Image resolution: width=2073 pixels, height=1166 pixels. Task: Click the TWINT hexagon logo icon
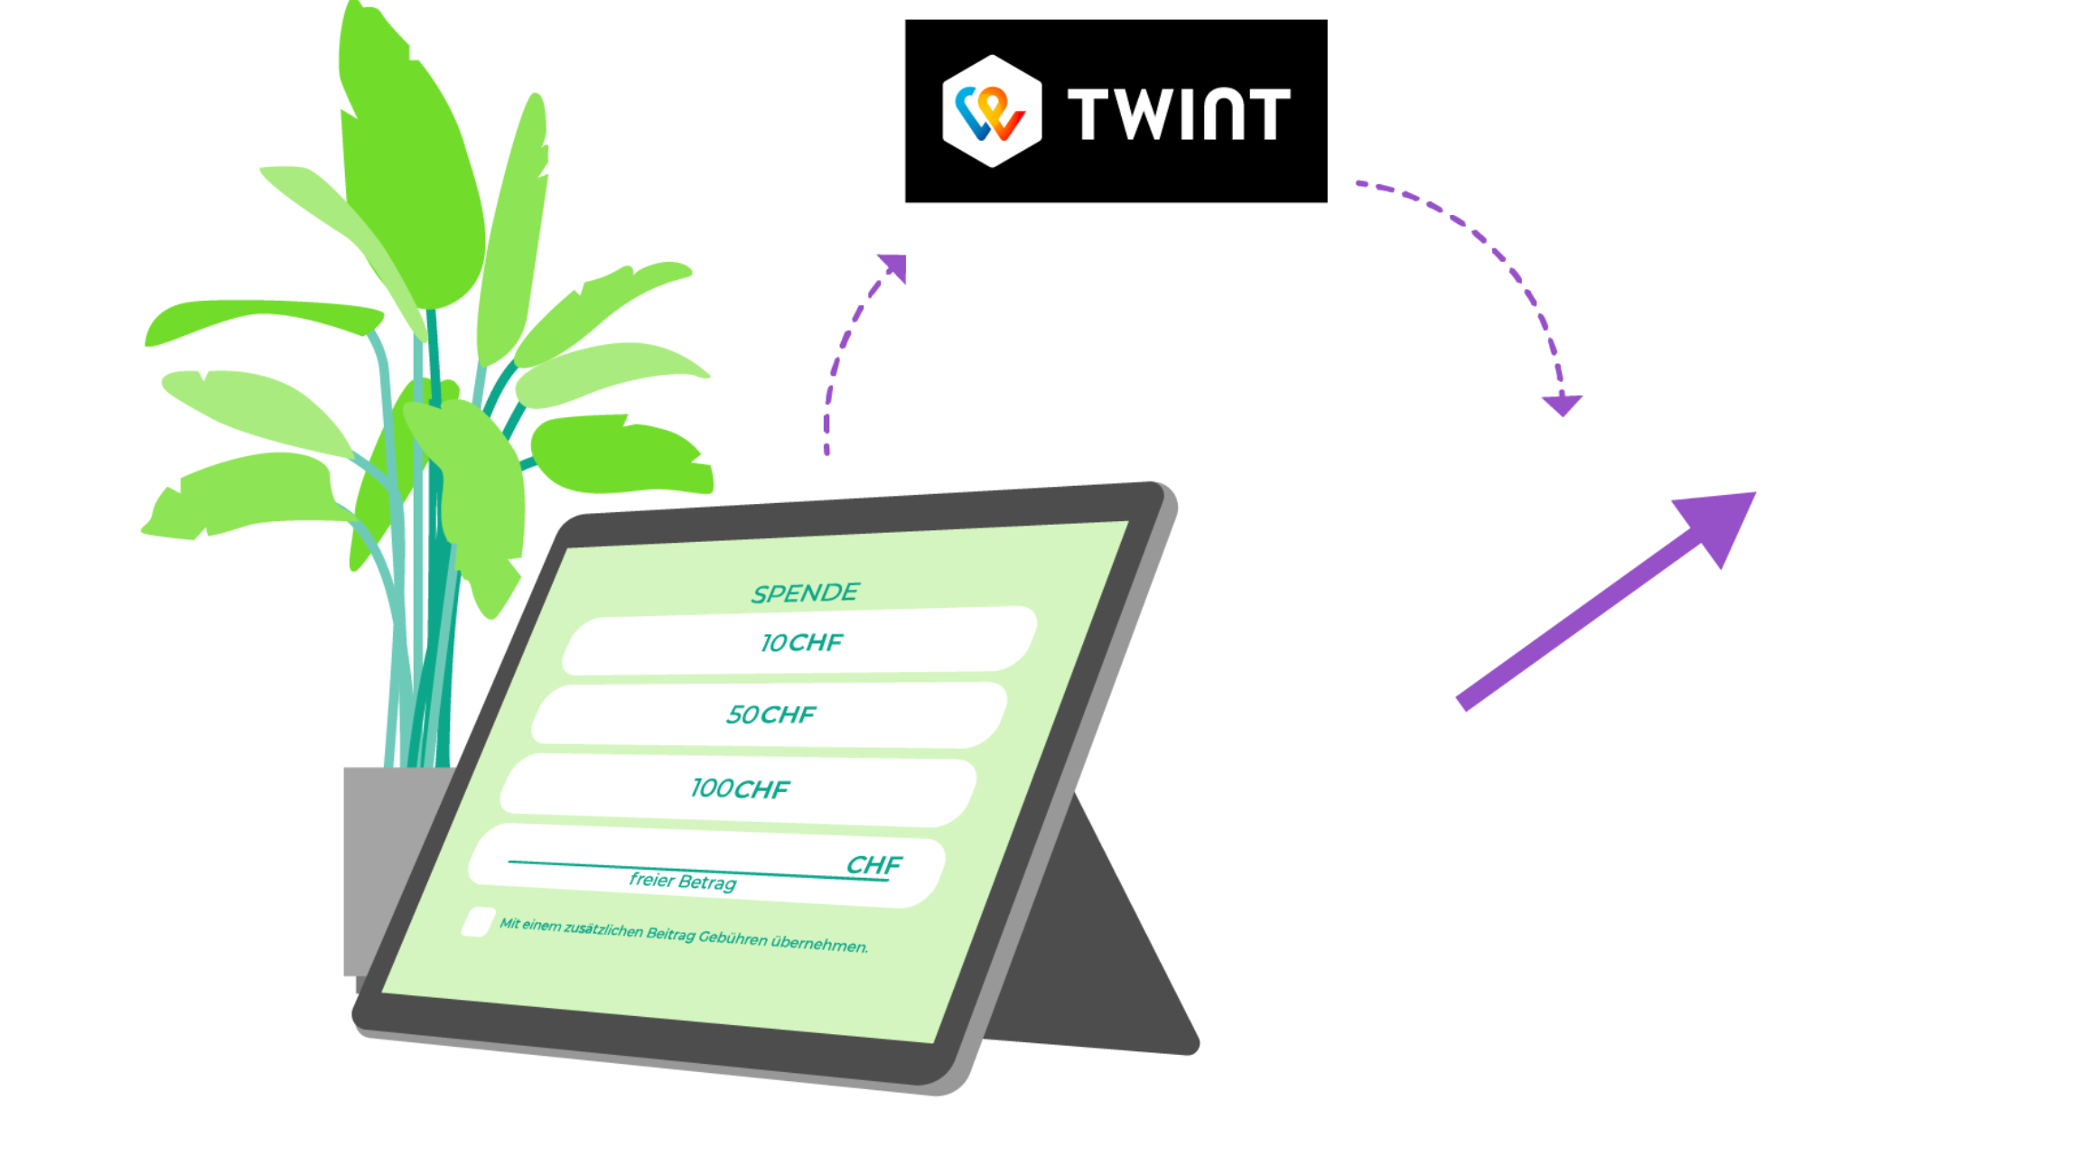(x=992, y=111)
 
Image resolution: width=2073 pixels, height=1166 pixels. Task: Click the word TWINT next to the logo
(x=1179, y=114)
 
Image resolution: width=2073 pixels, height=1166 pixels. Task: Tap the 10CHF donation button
(x=800, y=641)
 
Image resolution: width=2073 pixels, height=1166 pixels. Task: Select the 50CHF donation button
(x=770, y=714)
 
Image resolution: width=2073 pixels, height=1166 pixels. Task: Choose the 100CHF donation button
(x=740, y=788)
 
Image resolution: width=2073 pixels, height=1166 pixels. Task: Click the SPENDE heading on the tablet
(x=805, y=593)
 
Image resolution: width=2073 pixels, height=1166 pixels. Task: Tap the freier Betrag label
(x=683, y=881)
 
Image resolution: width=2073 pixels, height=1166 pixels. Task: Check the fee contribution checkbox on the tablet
(x=477, y=922)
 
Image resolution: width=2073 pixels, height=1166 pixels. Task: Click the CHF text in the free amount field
(x=873, y=865)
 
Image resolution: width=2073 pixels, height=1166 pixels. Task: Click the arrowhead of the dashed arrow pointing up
(x=893, y=266)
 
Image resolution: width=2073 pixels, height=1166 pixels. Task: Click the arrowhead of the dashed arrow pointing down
(x=1562, y=405)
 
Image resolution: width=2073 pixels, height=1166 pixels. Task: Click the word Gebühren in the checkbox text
(x=732, y=937)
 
